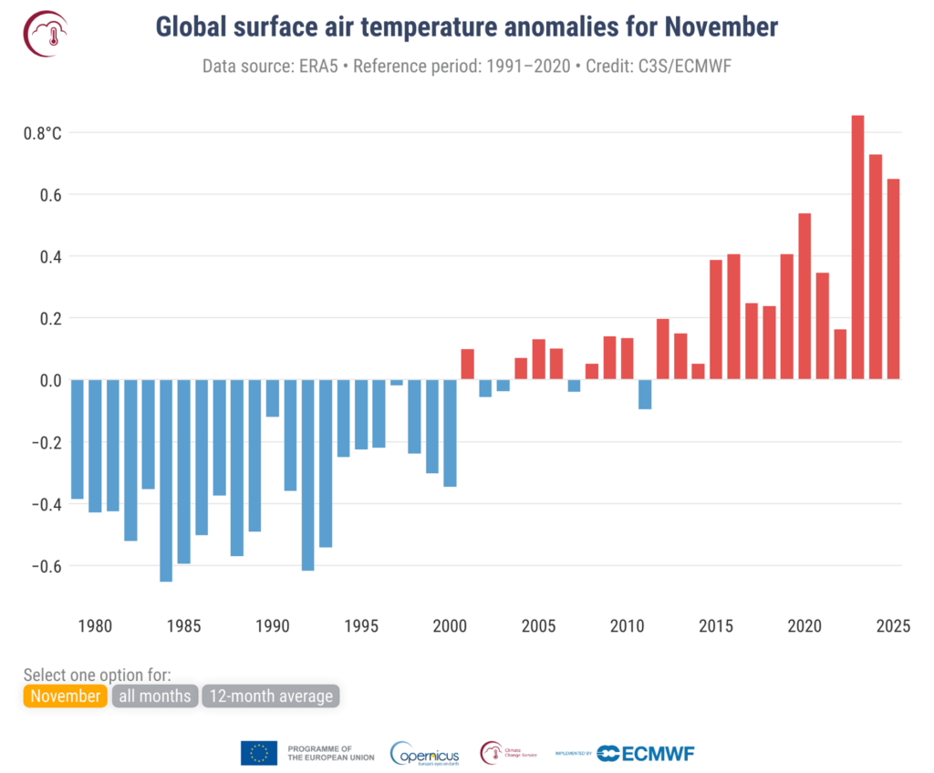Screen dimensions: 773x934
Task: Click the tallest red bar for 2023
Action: coord(857,247)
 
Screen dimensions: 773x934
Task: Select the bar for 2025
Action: coord(893,279)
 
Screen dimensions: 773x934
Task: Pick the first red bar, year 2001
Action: coord(467,365)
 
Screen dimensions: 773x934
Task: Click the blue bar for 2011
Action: coord(645,395)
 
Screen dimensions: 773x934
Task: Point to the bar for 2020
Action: coord(804,296)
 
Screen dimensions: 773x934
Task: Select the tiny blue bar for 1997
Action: coord(397,383)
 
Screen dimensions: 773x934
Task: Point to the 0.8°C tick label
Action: coord(43,133)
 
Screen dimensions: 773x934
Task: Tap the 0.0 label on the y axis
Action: coord(49,380)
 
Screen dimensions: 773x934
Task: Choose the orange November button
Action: coord(65,696)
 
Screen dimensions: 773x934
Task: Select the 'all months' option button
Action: coord(154,696)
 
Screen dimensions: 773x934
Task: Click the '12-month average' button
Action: coord(271,696)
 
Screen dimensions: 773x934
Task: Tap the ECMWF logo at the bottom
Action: coord(647,753)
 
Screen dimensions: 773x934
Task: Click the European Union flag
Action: coord(259,753)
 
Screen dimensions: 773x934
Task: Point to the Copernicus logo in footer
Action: coord(424,753)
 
